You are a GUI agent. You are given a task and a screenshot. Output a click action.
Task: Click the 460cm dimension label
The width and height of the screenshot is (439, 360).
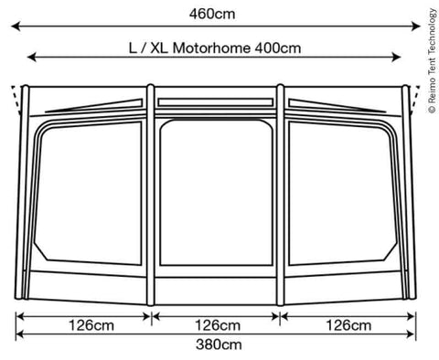point(212,15)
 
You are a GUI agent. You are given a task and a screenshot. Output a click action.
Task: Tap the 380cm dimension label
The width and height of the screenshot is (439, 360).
point(219,344)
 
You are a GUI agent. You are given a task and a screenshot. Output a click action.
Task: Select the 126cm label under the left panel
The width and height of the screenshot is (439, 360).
point(91,325)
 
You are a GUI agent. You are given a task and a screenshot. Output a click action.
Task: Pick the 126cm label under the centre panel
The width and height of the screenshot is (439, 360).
point(218,325)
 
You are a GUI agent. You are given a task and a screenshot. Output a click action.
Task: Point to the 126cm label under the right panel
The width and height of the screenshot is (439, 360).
point(348,325)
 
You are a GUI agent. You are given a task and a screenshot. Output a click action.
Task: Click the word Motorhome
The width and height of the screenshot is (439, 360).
point(211,48)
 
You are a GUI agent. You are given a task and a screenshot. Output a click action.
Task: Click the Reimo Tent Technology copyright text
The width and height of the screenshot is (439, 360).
point(433,61)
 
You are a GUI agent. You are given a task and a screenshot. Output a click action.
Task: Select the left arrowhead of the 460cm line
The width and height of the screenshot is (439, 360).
point(16,26)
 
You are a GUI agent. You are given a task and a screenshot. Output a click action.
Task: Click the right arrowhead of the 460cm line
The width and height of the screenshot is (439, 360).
point(416,26)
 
